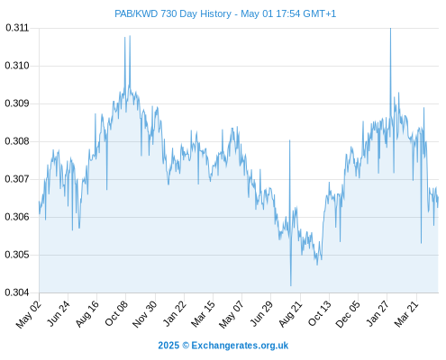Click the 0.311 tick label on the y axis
coord(17,28)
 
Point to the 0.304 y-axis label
coord(17,292)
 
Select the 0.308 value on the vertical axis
coord(17,141)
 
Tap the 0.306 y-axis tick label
coord(17,217)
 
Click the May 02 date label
coord(29,314)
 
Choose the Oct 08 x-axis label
coord(116,313)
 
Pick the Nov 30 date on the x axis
coord(145,314)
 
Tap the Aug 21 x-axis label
coord(290,314)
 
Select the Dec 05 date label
coord(348,314)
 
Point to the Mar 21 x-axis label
coord(406,314)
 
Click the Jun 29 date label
coord(261,313)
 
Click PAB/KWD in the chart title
coord(136,13)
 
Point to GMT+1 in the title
coord(320,13)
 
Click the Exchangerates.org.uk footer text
coord(240,346)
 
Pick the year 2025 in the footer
coord(168,346)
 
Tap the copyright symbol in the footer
coord(186,346)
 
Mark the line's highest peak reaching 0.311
coord(390,29)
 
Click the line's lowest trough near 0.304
coord(291,285)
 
